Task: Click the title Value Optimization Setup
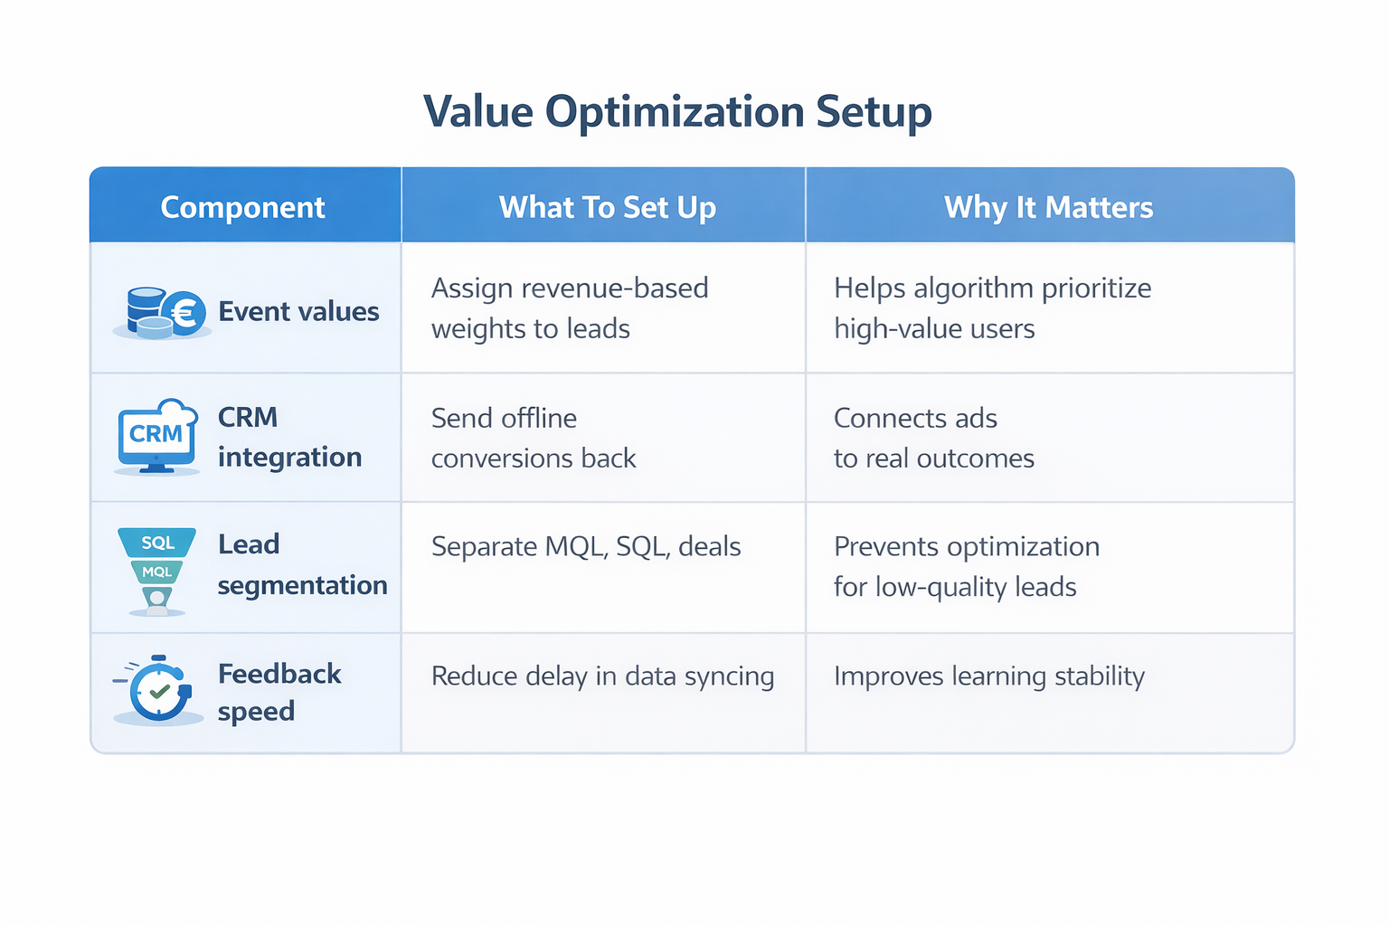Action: (677, 112)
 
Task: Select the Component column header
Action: (242, 207)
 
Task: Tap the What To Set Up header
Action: (607, 207)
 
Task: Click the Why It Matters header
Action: (1048, 207)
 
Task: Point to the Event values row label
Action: (298, 311)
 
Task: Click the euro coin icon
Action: (185, 314)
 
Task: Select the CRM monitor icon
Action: (156, 436)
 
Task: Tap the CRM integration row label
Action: (289, 437)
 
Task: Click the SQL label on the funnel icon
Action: (157, 543)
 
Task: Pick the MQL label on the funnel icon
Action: (156, 572)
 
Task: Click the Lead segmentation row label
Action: (301, 564)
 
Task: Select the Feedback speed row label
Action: (279, 692)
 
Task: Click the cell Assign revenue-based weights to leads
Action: (570, 307)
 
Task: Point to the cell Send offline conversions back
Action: (534, 438)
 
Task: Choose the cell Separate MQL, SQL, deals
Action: (586, 546)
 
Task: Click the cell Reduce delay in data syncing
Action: (602, 676)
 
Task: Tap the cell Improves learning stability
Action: (988, 676)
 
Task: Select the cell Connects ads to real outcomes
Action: (933, 438)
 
